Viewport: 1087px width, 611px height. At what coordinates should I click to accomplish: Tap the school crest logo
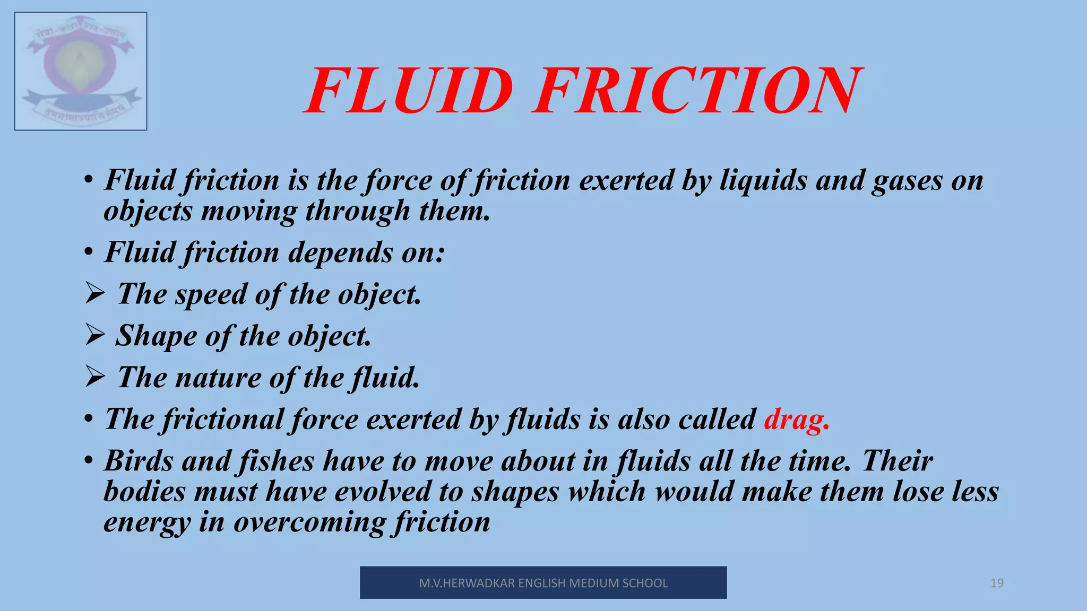tap(81, 71)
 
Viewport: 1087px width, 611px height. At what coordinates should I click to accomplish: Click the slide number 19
tap(997, 583)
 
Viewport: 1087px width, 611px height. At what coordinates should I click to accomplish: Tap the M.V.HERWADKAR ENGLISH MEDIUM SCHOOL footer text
tap(543, 583)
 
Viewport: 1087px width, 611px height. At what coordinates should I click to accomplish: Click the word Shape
tap(156, 336)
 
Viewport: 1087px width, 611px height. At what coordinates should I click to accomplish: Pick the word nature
tap(218, 378)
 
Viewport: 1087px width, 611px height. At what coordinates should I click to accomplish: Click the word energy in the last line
tap(146, 523)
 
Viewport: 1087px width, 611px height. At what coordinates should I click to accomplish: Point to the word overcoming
tap(309, 523)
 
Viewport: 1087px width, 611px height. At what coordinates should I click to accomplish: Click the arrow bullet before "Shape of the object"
tap(94, 335)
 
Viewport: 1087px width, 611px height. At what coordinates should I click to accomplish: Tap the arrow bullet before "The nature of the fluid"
tap(94, 377)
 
